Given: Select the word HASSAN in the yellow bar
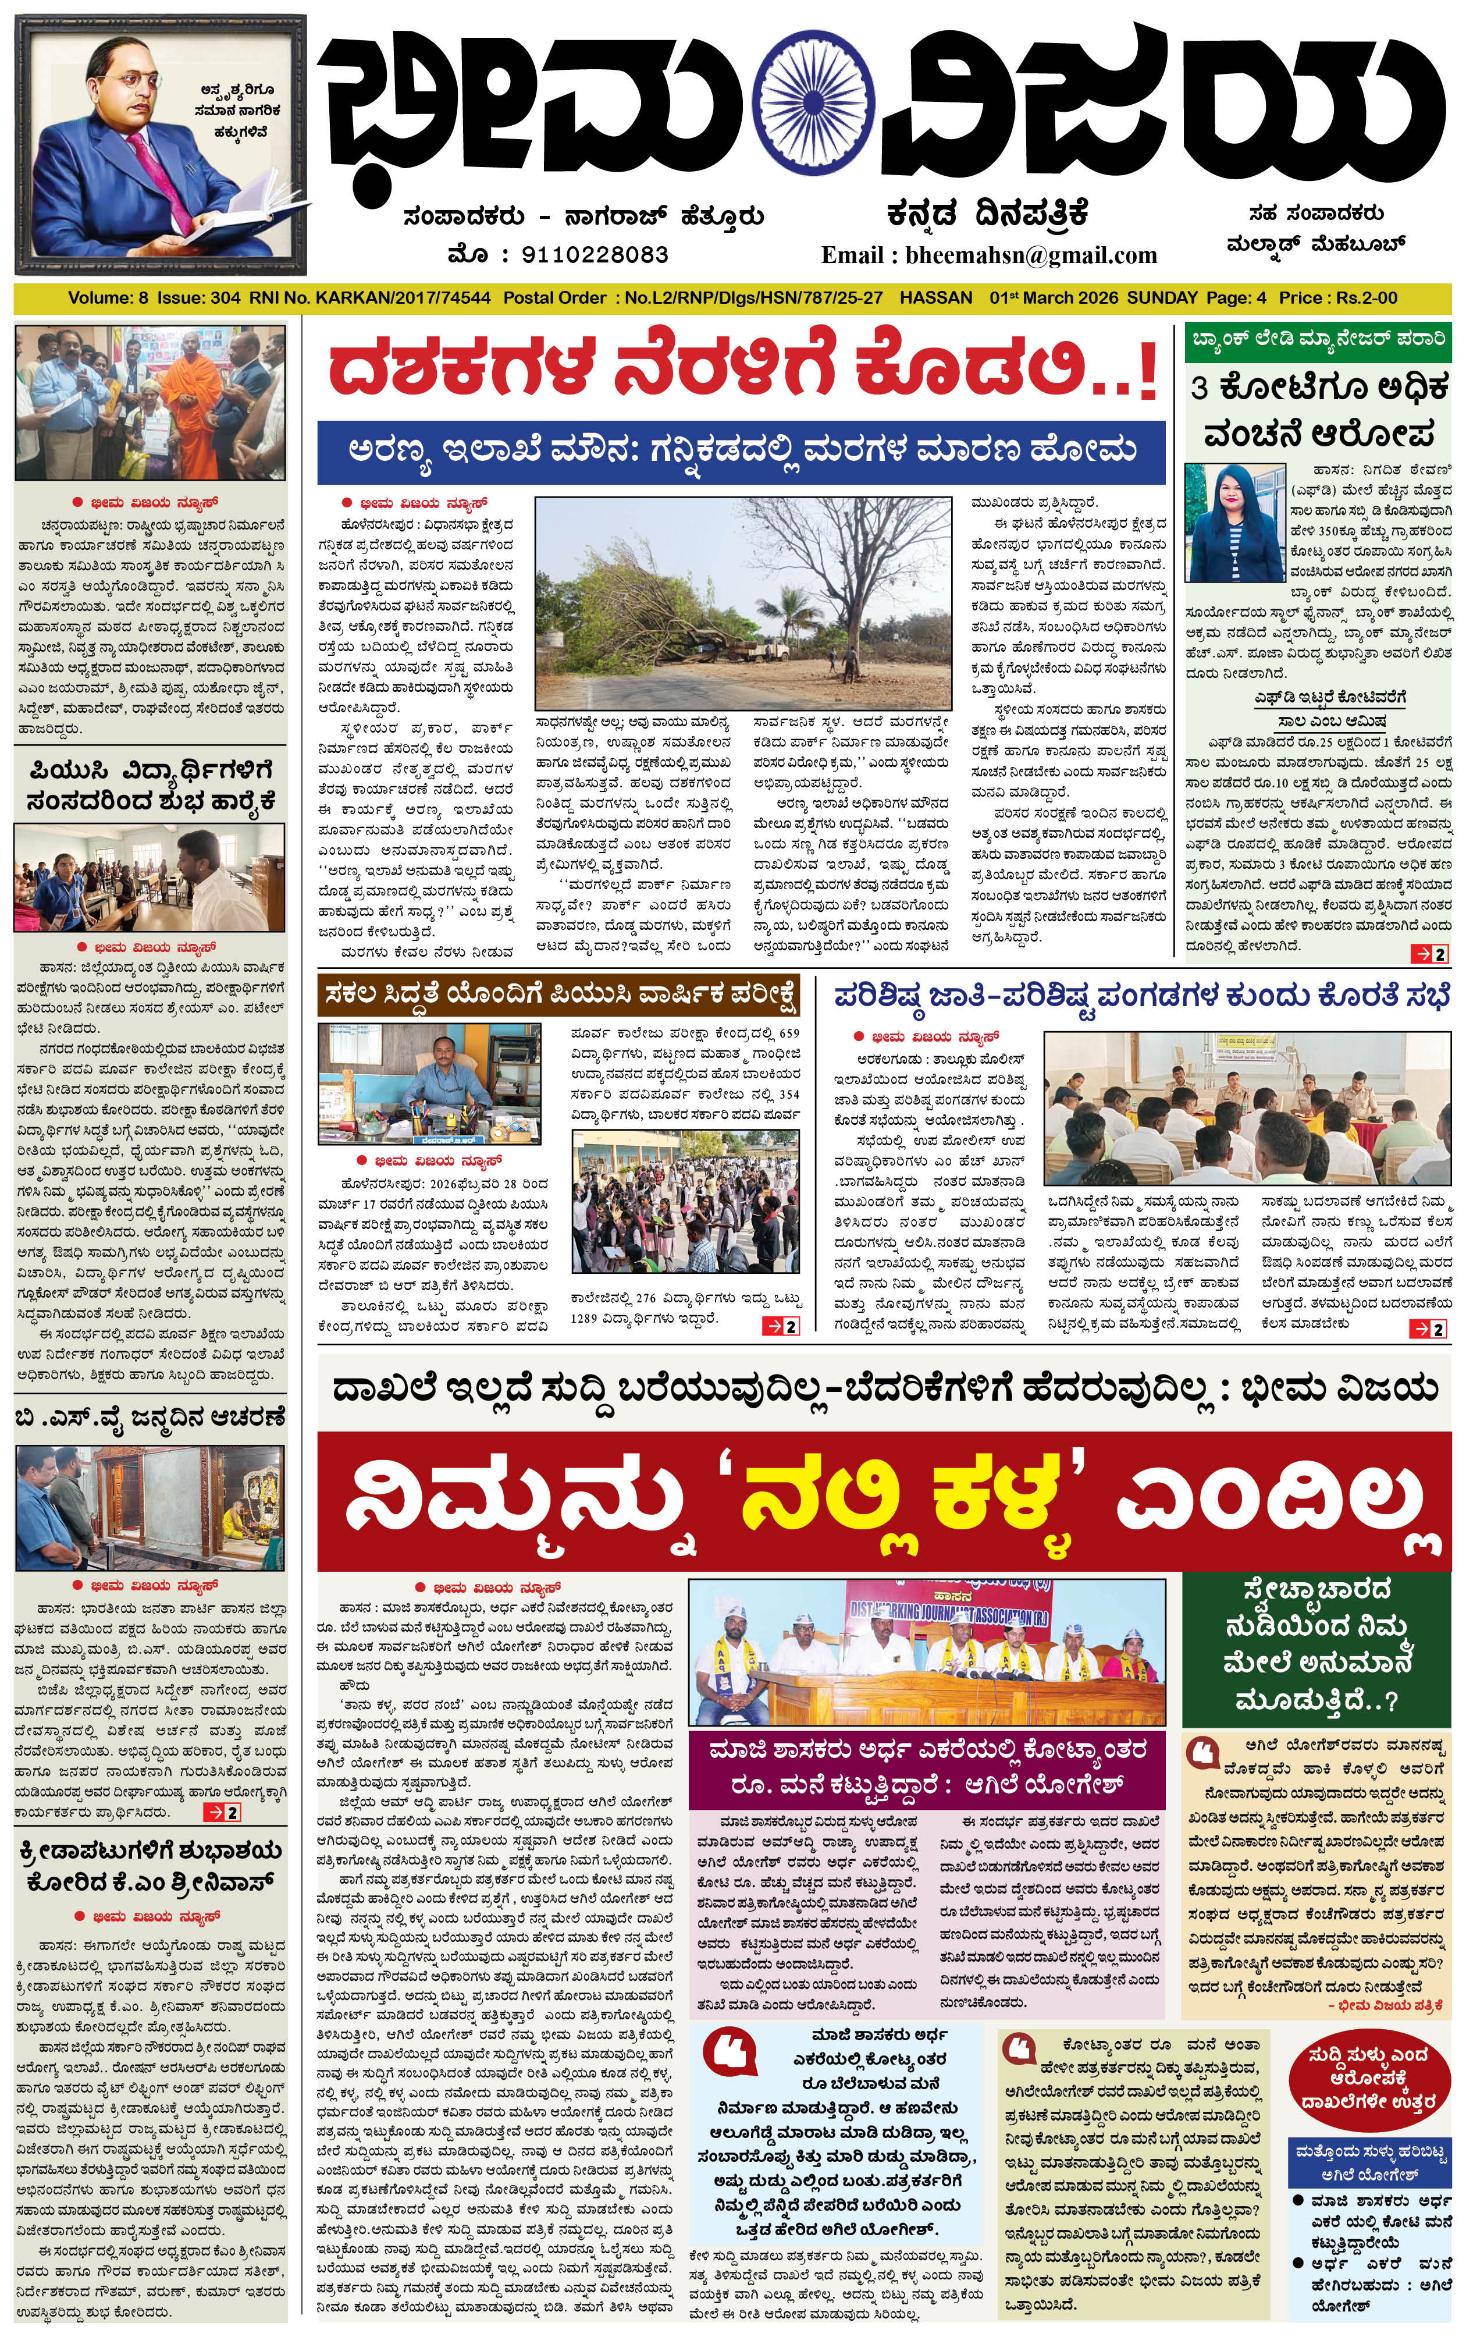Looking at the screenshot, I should click(x=935, y=298).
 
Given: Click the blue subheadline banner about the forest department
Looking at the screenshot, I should click(x=742, y=451).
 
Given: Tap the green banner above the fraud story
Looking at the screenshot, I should click(x=1318, y=340).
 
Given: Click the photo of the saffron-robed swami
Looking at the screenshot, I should click(x=150, y=403).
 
